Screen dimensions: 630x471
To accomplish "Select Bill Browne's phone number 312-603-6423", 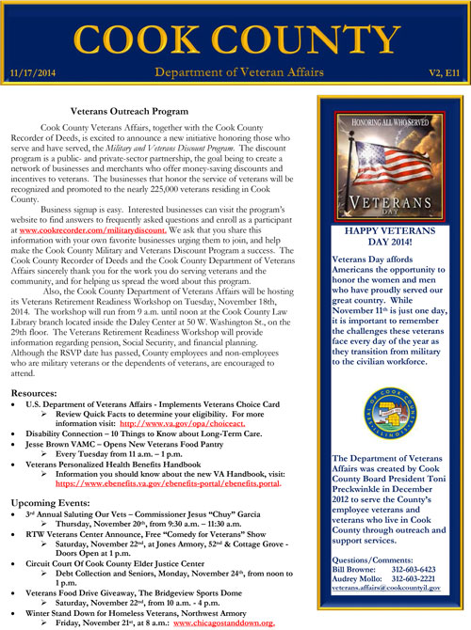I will pyautogui.click(x=421, y=571).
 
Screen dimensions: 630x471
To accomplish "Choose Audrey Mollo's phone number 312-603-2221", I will pyautogui.click(x=421, y=580).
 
